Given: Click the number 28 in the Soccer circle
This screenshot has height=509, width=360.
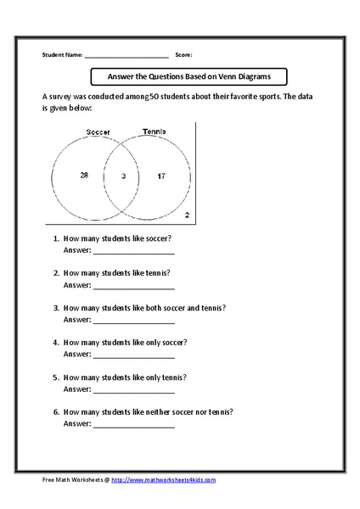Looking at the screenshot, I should click(x=84, y=175).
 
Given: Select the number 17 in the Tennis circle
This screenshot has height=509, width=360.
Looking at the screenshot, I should click(x=160, y=176).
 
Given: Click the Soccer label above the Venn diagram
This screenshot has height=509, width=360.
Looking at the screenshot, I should click(x=98, y=132).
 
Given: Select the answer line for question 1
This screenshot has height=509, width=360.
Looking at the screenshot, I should click(x=133, y=253).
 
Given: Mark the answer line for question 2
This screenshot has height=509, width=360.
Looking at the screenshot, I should click(x=133, y=287).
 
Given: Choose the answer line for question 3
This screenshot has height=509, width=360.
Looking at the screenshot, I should click(x=133, y=322).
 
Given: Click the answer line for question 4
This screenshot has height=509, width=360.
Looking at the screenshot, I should click(x=133, y=355).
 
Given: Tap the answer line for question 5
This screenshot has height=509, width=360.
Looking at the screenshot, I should click(x=133, y=390).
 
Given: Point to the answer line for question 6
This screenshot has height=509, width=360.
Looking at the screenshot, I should click(x=133, y=424).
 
